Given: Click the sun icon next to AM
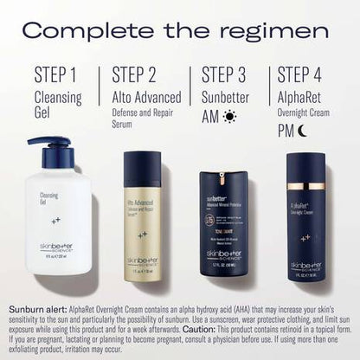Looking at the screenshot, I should point(229,114).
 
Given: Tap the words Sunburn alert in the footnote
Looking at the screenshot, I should point(35,307).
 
